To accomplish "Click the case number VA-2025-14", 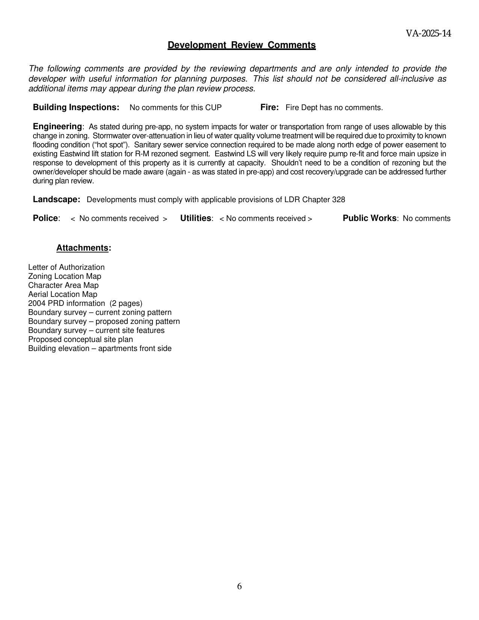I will pyautogui.click(x=428, y=33).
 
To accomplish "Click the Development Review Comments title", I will pyautogui.click(x=242, y=45).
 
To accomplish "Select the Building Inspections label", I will pyautogui.click(x=76, y=107).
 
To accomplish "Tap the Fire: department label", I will pyautogui.click(x=269, y=107).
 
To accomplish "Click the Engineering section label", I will pyautogui.click(x=57, y=126).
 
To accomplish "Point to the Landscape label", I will pyautogui.click(x=56, y=200).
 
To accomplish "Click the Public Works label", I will pyautogui.click(x=370, y=218).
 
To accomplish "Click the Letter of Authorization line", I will pyautogui.click(x=66, y=267).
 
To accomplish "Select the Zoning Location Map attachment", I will pyautogui.click(x=65, y=276).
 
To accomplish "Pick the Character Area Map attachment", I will pyautogui.click(x=63, y=285).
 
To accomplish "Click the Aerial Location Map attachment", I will pyautogui.click(x=63, y=294).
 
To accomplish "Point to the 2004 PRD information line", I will pyautogui.click(x=85, y=303).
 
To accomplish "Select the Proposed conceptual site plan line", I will pyautogui.click(x=80, y=339).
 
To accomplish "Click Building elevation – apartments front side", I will pyautogui.click(x=100, y=348).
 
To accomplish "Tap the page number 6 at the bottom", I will pyautogui.click(x=239, y=586).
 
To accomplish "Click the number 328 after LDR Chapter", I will pyautogui.click(x=338, y=200).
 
